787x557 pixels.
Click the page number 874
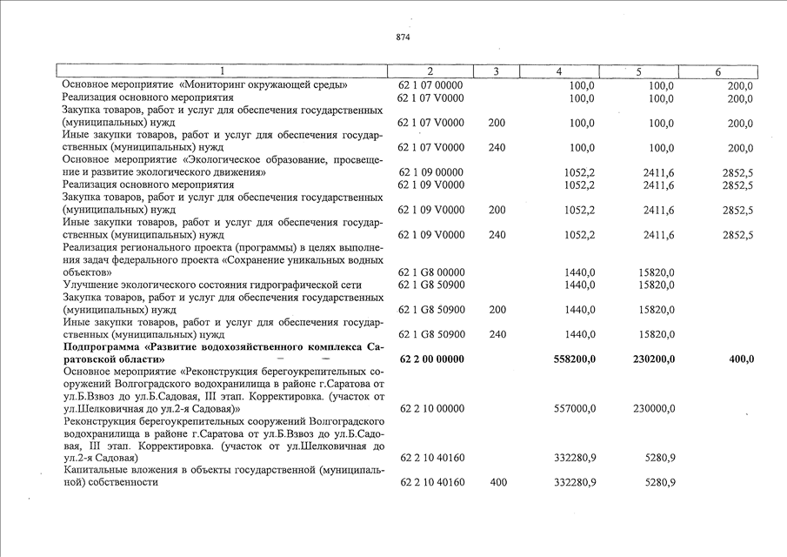(402, 37)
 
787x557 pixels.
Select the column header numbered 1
(223, 71)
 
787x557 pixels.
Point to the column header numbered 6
(717, 71)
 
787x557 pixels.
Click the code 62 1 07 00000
(431, 85)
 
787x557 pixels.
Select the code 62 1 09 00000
(431, 172)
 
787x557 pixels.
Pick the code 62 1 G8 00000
(432, 272)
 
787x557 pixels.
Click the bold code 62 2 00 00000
(434, 359)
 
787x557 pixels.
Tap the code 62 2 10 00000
(432, 407)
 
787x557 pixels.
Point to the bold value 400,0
(740, 359)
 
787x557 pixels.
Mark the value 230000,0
(650, 407)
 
